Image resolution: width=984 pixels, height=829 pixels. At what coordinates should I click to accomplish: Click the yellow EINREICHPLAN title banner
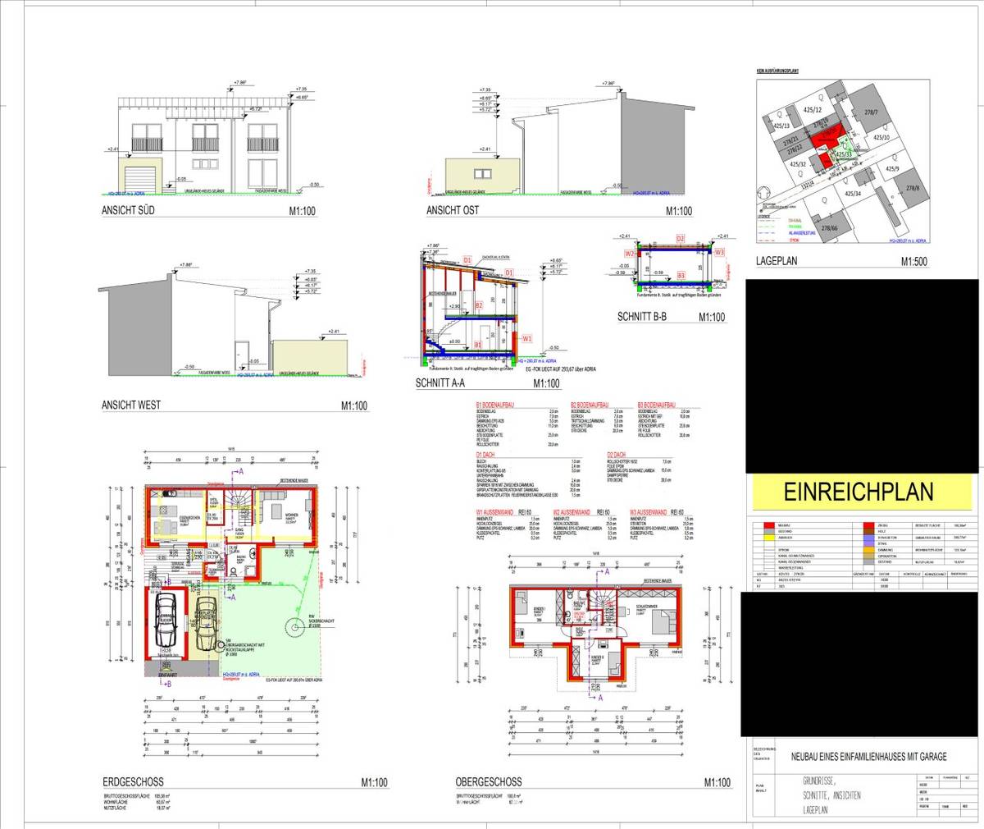pyautogui.click(x=859, y=492)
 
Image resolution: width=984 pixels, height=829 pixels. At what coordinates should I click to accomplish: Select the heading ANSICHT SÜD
pyautogui.click(x=130, y=211)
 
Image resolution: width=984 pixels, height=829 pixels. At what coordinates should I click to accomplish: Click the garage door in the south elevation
pyautogui.click(x=141, y=176)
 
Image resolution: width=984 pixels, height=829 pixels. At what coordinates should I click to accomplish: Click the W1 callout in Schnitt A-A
pyautogui.click(x=527, y=338)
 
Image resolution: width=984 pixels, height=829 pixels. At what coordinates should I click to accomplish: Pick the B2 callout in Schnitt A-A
pyautogui.click(x=478, y=305)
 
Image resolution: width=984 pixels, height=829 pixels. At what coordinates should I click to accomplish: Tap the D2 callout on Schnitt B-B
pyautogui.click(x=680, y=238)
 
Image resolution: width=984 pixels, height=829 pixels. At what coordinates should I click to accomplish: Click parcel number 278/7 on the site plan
pyautogui.click(x=870, y=112)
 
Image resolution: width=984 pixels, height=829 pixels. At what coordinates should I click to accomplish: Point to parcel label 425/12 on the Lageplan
pyautogui.click(x=813, y=109)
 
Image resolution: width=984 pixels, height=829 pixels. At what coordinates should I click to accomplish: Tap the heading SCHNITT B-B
pyautogui.click(x=645, y=317)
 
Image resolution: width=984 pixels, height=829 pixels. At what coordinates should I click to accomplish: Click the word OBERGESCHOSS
pyautogui.click(x=488, y=782)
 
